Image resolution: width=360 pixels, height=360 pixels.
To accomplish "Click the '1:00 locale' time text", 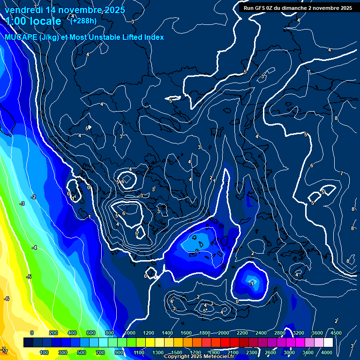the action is pyautogui.click(x=34, y=21).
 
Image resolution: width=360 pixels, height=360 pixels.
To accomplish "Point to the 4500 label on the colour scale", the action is pyautogui.click(x=336, y=333).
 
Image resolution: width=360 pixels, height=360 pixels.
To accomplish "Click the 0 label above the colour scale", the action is pyautogui.click(x=32, y=333).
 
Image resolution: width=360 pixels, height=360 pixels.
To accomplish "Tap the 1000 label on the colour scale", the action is pyautogui.click(x=129, y=333).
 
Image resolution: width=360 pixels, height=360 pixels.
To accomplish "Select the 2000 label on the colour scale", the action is pyautogui.click(x=225, y=333).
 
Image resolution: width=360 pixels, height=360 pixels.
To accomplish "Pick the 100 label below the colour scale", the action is pyautogui.click(x=44, y=352).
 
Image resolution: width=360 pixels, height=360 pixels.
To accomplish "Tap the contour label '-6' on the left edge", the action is pyautogui.click(x=7, y=299).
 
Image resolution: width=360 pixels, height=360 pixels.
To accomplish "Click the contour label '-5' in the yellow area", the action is pyautogui.click(x=29, y=277).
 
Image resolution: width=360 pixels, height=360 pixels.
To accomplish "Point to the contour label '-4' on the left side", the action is pyautogui.click(x=34, y=247).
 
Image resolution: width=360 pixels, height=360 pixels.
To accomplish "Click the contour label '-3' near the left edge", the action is pyautogui.click(x=22, y=203).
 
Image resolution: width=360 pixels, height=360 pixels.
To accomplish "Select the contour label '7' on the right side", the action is pyautogui.click(x=341, y=174).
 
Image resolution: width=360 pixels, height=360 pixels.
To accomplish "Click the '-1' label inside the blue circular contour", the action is pyautogui.click(x=251, y=284).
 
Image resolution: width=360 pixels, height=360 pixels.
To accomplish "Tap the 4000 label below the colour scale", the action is pyautogui.click(x=326, y=352).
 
